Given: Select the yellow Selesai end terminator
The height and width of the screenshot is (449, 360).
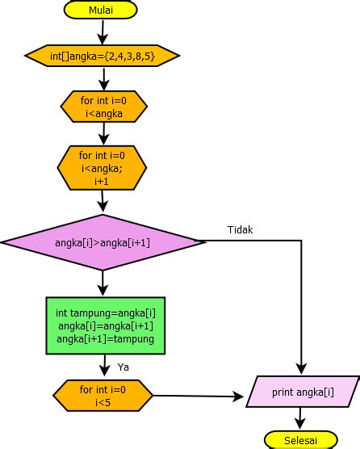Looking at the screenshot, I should click(301, 439).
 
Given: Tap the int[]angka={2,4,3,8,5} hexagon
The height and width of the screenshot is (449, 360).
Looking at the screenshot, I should click(103, 56).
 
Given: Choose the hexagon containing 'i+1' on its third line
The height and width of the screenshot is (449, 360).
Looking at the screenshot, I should click(103, 168).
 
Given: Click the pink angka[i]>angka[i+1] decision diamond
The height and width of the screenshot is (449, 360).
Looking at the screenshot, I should click(103, 241).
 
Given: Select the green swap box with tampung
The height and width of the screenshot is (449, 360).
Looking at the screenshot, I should click(105, 325).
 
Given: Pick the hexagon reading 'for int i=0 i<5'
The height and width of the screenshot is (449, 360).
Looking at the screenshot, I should click(103, 395).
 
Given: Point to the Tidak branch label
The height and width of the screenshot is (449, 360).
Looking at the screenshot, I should click(240, 229).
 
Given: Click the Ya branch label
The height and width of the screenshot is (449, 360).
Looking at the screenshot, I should click(124, 367).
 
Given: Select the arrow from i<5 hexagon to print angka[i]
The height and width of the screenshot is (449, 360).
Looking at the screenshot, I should click(198, 396).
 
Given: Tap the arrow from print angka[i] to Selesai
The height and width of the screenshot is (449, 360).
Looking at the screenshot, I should click(301, 418).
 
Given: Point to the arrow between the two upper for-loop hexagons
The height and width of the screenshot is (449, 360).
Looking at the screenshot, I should click(103, 133).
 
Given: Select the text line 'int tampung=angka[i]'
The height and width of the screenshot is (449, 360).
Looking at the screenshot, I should click(105, 313).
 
